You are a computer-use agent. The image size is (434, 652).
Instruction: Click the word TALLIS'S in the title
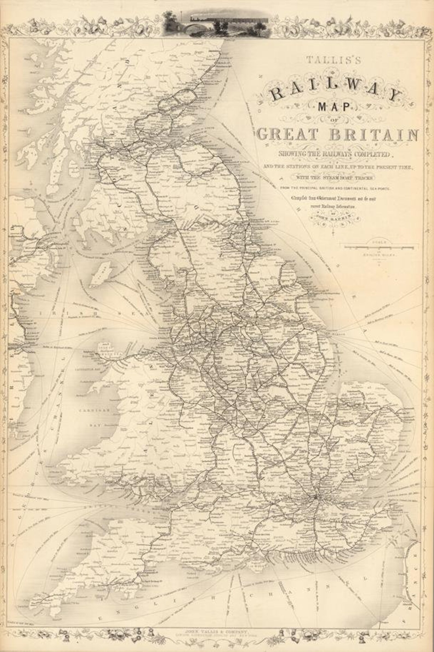point(337,60)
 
